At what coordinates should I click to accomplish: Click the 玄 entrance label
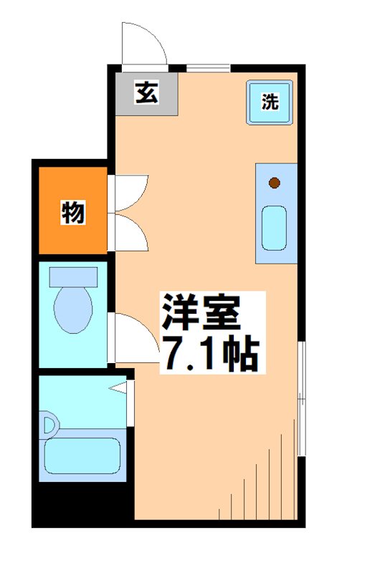coord(147,93)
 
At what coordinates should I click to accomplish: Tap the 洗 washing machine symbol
coord(269,102)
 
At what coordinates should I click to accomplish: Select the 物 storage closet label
coord(72,212)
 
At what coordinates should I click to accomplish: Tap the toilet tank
coord(73,276)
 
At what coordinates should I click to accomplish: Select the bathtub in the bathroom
coord(81,456)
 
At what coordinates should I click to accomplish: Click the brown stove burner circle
coord(275,183)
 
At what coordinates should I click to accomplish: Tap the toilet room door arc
coord(135,337)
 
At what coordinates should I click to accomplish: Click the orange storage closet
coord(72,211)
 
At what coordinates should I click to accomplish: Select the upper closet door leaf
coord(131,192)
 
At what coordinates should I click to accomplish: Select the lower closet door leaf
coord(131,231)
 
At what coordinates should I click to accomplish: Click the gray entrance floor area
coord(147,94)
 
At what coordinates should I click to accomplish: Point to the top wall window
coord(208,68)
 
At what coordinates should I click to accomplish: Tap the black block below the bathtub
coord(82,504)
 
